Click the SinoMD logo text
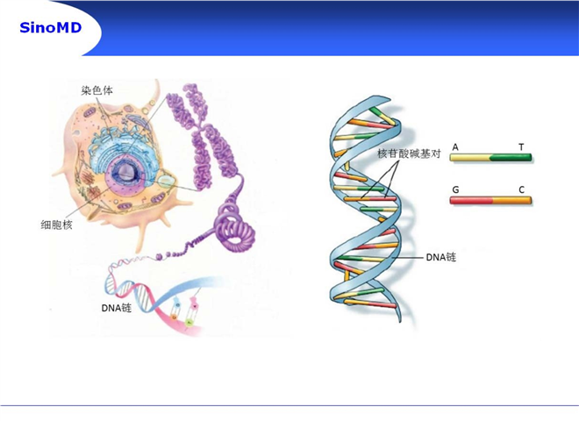click(x=50, y=28)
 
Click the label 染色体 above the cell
click(x=96, y=90)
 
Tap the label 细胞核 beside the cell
click(x=56, y=225)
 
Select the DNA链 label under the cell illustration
click(x=117, y=308)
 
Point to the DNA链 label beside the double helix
click(x=441, y=257)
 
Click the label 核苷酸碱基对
click(x=409, y=153)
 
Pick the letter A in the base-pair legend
click(x=455, y=147)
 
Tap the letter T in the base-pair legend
click(x=521, y=147)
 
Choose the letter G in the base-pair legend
click(x=455, y=189)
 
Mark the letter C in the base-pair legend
click(x=521, y=189)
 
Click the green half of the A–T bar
click(x=511, y=158)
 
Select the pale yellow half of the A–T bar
click(x=469, y=158)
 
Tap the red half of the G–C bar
click(x=471, y=201)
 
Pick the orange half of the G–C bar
click(x=512, y=201)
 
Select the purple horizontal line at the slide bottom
click(x=289, y=405)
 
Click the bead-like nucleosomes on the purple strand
click(x=170, y=255)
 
